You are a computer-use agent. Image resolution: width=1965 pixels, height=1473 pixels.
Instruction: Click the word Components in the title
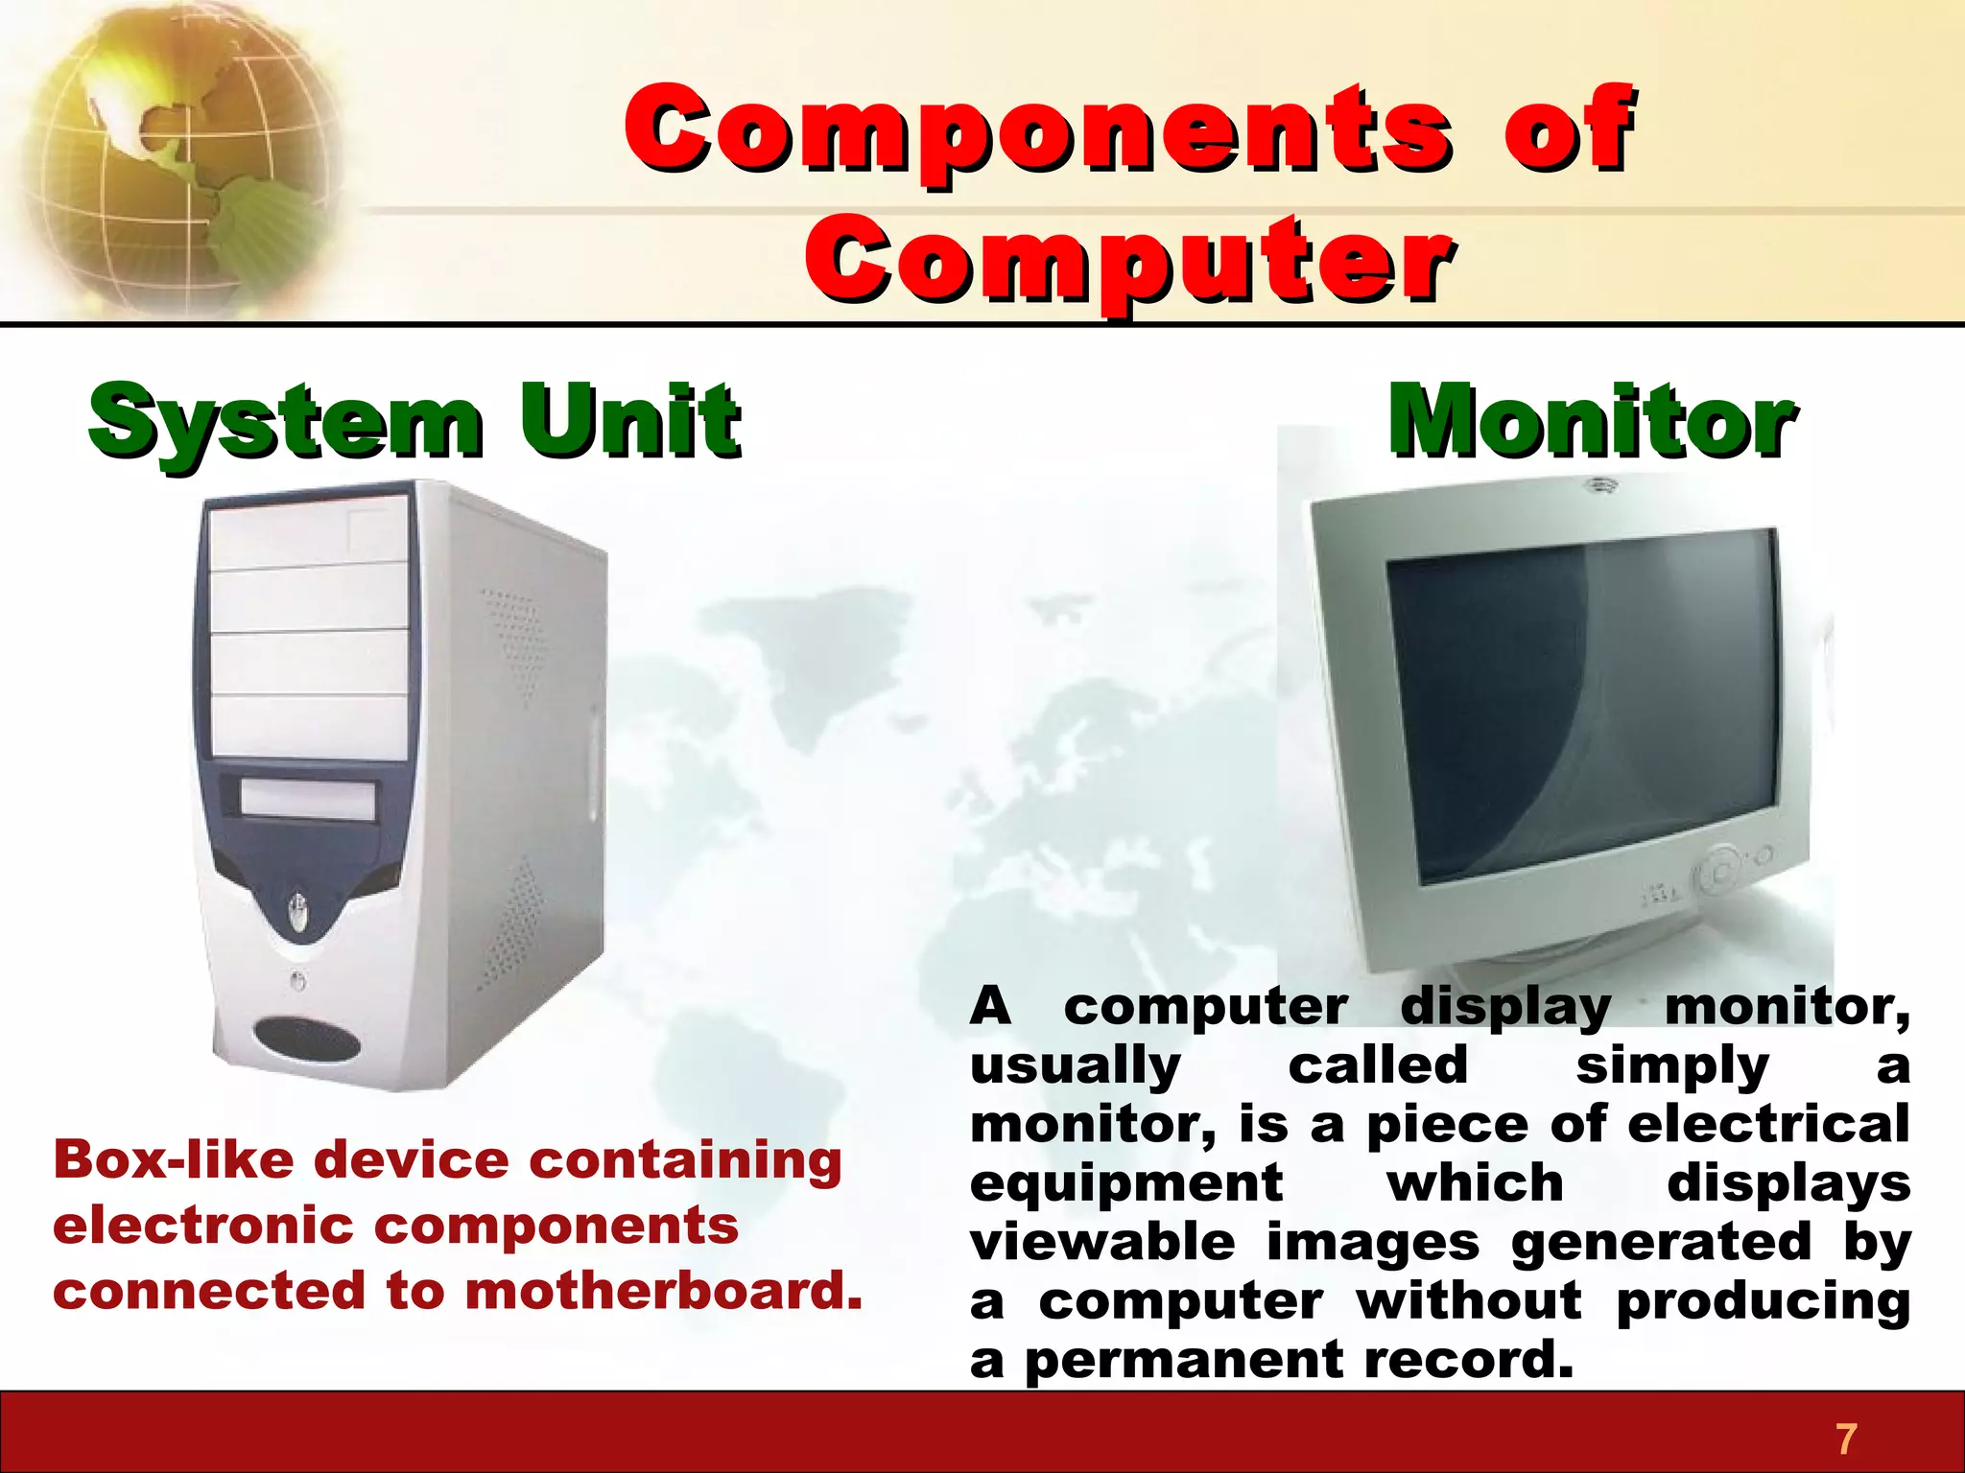(x=1036, y=129)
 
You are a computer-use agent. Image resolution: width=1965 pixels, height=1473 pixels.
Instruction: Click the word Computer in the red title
(x=1127, y=259)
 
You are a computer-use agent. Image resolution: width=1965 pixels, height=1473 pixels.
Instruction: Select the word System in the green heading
(x=285, y=422)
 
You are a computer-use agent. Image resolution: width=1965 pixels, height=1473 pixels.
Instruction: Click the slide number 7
(x=1845, y=1438)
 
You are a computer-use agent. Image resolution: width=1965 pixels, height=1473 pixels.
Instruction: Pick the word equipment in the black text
(x=1125, y=1182)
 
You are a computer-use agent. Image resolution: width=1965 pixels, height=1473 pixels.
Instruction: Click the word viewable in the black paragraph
(x=1101, y=1242)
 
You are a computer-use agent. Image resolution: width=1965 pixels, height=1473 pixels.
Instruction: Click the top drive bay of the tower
(x=307, y=537)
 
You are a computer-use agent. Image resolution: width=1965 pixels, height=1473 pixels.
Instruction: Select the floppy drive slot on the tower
(x=307, y=799)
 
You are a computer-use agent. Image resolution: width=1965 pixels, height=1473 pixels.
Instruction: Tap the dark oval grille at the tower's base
(x=307, y=1039)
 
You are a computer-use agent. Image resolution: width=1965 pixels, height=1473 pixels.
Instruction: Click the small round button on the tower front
(x=297, y=980)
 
